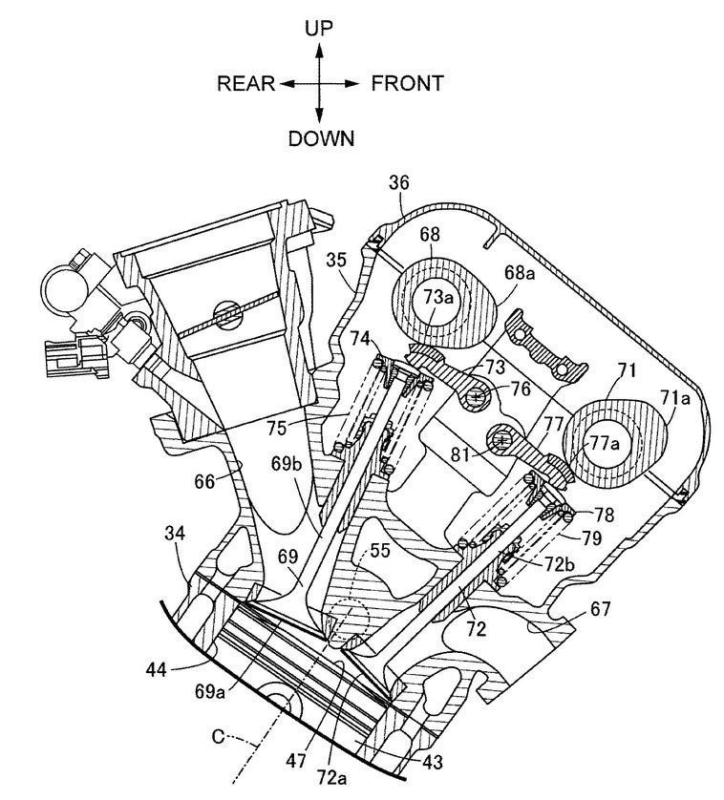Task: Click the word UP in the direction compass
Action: click(319, 28)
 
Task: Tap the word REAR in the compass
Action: click(246, 84)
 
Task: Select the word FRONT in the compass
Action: click(407, 84)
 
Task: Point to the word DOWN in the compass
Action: click(321, 138)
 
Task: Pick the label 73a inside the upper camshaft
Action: click(438, 296)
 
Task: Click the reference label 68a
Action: click(519, 273)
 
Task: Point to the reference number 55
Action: click(380, 552)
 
